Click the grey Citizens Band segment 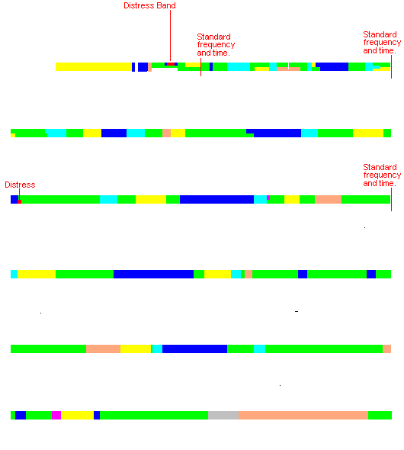click(223, 415)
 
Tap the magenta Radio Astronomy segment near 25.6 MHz click(56, 415)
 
